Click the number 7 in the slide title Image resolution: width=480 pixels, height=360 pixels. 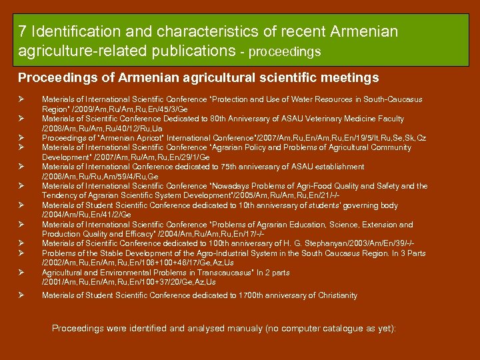23,31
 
